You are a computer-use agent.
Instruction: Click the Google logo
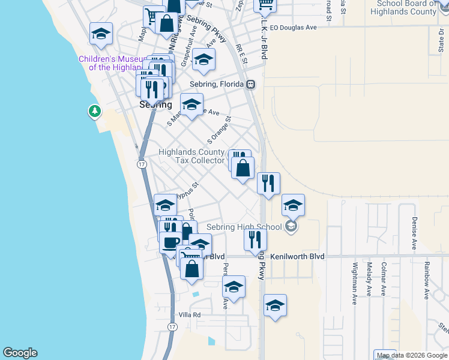point(20,353)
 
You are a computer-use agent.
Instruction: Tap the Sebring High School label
point(244,227)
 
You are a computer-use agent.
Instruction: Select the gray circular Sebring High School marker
point(291,226)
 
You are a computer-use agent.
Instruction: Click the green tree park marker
point(94,112)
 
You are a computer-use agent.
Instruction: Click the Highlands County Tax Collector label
point(191,156)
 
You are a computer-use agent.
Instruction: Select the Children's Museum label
point(112,63)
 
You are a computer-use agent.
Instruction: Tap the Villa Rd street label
point(189,315)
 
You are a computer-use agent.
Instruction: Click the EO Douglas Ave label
point(293,28)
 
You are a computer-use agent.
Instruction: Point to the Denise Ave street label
point(414,234)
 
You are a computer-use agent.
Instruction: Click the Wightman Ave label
point(355,283)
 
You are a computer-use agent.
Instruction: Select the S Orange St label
point(219,131)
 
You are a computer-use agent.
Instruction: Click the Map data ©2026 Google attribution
point(412,355)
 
